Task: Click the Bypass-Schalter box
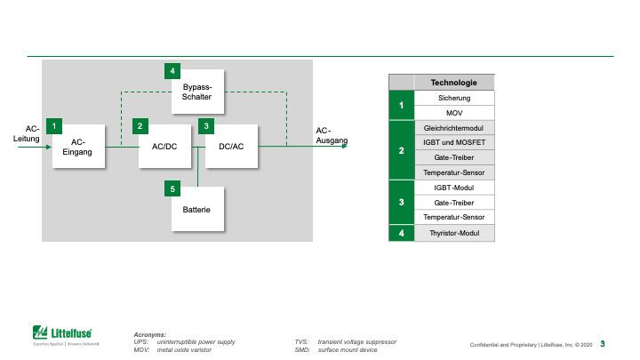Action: click(197, 92)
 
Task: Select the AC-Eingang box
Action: click(78, 147)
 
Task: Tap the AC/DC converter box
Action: click(165, 147)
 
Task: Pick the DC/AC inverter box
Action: click(231, 147)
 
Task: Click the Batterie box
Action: click(197, 210)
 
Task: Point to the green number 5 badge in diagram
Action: click(172, 188)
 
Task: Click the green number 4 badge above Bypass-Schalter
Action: click(172, 69)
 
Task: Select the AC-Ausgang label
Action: click(332, 136)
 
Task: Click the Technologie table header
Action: click(454, 82)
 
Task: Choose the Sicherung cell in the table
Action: click(454, 98)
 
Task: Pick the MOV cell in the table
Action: click(454, 114)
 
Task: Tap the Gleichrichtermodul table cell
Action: click(454, 129)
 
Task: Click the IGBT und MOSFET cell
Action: click(454, 142)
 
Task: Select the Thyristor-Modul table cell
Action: click(454, 233)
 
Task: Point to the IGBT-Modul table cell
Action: click(454, 188)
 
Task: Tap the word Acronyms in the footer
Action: click(149, 334)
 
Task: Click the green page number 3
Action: click(603, 344)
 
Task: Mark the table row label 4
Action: click(402, 233)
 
